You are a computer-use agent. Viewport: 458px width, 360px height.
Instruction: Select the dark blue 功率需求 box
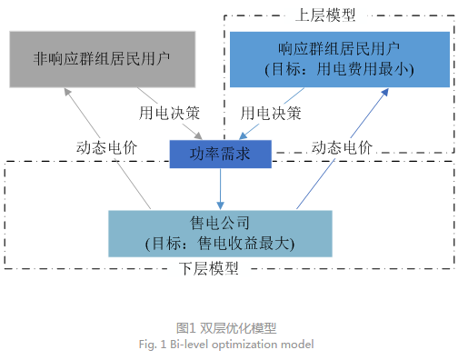(x=221, y=154)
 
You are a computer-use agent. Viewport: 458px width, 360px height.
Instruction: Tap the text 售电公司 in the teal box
(x=221, y=224)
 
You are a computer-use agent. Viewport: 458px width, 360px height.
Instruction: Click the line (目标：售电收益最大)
(x=221, y=243)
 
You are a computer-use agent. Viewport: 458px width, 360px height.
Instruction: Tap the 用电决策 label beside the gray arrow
(x=169, y=115)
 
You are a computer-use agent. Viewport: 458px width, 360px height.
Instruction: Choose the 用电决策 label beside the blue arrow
(x=271, y=115)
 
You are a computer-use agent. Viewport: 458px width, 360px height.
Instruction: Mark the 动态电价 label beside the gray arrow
(x=106, y=147)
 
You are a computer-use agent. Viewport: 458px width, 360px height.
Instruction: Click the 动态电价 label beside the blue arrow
(x=342, y=147)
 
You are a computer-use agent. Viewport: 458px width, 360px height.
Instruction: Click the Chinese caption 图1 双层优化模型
(x=226, y=327)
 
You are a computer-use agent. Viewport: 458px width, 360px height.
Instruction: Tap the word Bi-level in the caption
(x=190, y=345)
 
